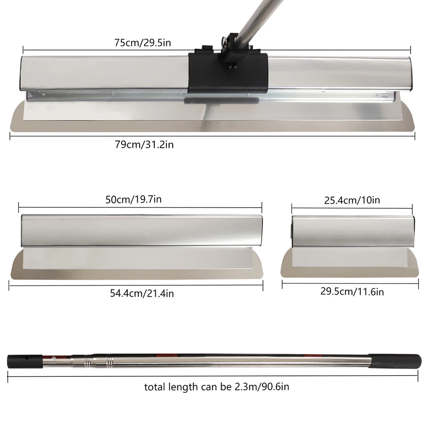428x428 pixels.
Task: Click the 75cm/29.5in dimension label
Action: point(143,43)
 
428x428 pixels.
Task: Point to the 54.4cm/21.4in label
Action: point(142,293)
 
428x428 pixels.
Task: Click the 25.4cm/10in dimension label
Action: point(352,200)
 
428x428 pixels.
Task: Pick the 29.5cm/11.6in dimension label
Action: point(352,292)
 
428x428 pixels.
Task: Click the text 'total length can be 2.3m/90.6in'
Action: point(217,387)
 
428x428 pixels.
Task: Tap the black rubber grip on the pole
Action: point(396,360)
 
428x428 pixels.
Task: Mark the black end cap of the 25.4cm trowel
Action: point(292,231)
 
